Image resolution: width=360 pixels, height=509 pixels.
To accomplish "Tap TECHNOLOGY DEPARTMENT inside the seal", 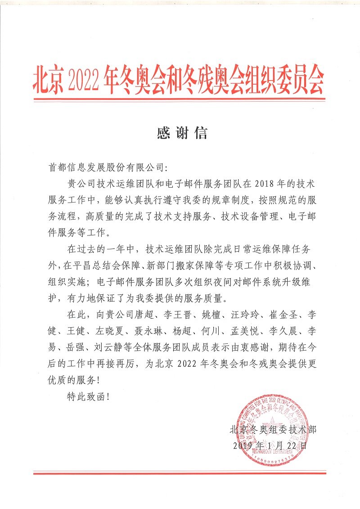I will (276, 451).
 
